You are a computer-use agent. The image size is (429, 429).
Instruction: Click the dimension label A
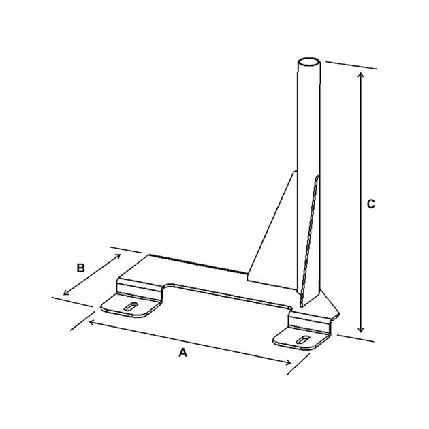[182, 353]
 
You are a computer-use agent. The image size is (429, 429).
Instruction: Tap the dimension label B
[80, 268]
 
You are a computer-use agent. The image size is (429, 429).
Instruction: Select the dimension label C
[369, 204]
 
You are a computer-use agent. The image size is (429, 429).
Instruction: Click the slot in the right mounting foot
[300, 338]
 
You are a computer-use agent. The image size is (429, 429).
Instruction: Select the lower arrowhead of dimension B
[65, 294]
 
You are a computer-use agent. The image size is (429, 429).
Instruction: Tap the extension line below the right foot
[354, 336]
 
